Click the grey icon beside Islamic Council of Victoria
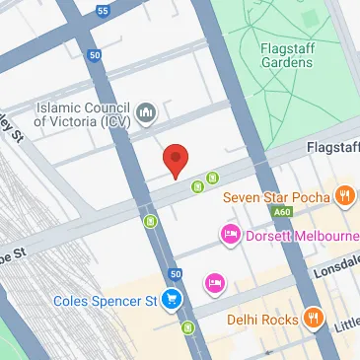147,114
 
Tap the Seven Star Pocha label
275,194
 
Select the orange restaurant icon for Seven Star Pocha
344,194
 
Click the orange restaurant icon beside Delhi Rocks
314,318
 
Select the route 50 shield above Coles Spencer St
175,273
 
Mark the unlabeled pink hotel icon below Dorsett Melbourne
212,284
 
